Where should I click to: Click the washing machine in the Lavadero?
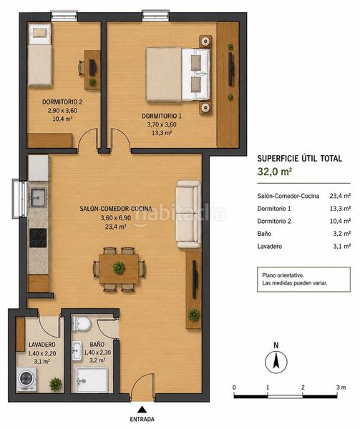point(26,379)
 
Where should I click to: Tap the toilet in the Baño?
point(82,324)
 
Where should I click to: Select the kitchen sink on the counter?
point(38,197)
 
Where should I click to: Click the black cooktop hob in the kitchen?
point(38,238)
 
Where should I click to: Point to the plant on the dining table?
point(119,267)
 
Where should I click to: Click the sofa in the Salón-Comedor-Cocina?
point(188,214)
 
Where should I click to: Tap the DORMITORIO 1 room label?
point(162,116)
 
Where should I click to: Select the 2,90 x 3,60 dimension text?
point(62,111)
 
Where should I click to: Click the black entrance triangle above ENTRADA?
point(142,409)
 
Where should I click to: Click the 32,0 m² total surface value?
point(275,172)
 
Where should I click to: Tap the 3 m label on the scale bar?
point(341,387)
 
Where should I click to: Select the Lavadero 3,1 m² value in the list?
point(341,246)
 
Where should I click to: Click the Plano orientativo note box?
point(303,279)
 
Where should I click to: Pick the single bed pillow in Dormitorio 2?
point(40,33)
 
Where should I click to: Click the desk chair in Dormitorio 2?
point(82,68)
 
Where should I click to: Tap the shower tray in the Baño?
point(92,380)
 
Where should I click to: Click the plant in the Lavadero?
point(56,384)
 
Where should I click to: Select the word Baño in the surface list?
point(264,234)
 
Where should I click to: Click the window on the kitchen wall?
point(19,198)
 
